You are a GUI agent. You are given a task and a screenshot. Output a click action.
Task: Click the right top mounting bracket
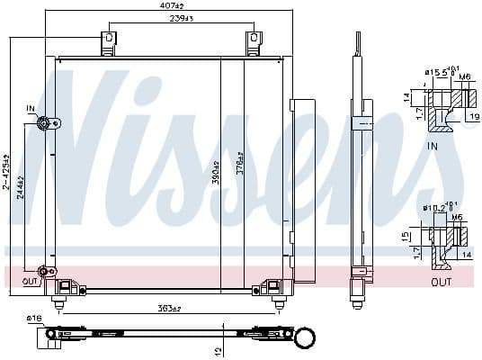pos(254,42)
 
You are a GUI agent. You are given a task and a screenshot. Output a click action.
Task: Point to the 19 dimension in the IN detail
pos(473,115)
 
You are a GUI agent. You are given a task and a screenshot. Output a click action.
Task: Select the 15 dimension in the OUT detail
pos(406,236)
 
